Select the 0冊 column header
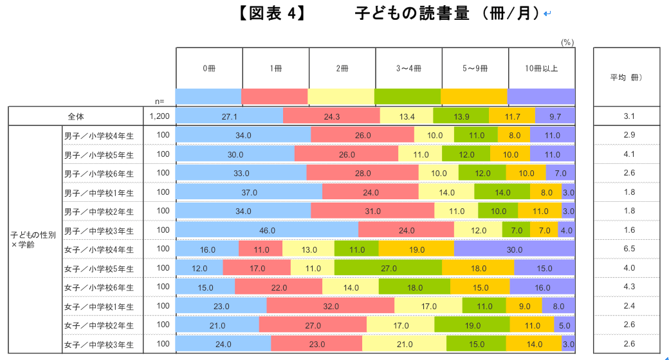point(209,67)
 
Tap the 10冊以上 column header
point(540,67)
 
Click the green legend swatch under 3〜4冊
point(407,96)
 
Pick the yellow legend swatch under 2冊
point(341,96)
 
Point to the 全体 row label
point(76,116)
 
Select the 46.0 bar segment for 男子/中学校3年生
point(267,230)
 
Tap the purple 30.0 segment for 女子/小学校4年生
point(514,249)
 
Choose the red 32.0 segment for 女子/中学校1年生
point(330,306)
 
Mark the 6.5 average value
point(628,249)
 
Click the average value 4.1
point(628,154)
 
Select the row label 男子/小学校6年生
point(99,174)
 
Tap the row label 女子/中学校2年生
point(99,325)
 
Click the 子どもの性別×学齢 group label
point(33,239)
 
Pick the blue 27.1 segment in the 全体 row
point(229,116)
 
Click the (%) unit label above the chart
point(567,42)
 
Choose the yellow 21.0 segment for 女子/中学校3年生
point(404,344)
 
